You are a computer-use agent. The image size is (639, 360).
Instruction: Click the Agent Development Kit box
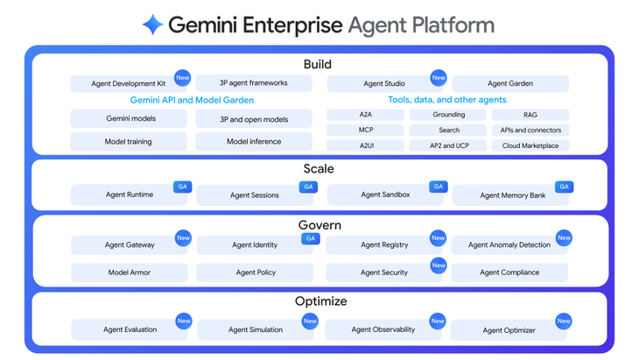pos(128,84)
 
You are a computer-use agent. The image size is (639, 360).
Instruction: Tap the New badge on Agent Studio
pos(439,77)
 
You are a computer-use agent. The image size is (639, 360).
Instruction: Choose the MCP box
pos(366,131)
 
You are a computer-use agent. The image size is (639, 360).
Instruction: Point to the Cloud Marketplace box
pos(530,146)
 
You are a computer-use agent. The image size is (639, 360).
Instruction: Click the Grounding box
pos(449,115)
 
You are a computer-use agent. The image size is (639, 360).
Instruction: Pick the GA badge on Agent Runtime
pos(182,187)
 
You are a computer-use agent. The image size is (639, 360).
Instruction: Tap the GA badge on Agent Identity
pos(309,238)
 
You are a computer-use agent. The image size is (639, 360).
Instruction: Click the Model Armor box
pos(129,272)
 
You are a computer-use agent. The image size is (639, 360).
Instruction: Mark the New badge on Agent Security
pos(439,265)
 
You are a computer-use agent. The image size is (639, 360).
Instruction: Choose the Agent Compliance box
pos(509,272)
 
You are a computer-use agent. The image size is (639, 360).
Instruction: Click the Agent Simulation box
pos(255,330)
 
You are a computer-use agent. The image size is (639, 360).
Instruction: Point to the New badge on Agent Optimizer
pos(564,321)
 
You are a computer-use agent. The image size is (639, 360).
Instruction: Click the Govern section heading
pos(319,225)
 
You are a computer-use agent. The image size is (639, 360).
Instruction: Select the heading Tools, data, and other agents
pos(446,101)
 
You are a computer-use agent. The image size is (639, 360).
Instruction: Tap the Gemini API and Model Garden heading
pos(192,101)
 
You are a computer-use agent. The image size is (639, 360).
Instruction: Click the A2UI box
pos(366,146)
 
